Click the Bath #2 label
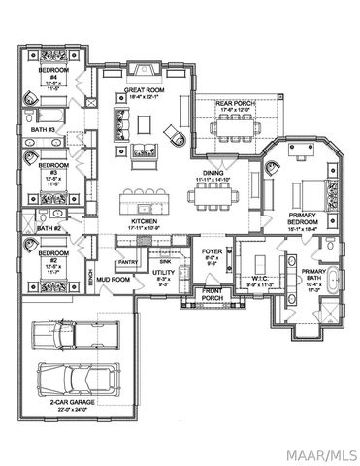pos(49,228)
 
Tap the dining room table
pos(216,198)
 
